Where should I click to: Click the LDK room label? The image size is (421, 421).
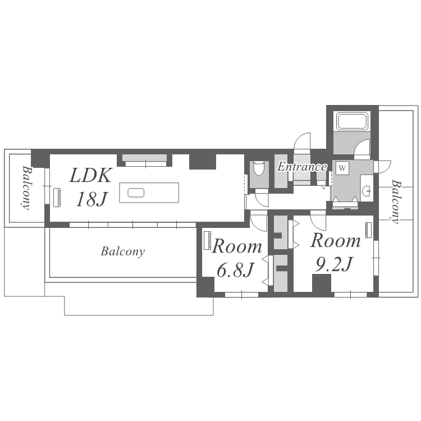coord(90,176)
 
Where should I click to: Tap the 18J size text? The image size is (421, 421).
coord(91,199)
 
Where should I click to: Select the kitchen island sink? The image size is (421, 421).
coord(136,193)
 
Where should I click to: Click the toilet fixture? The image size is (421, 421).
coord(259,168)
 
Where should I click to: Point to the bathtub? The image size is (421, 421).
coord(353,121)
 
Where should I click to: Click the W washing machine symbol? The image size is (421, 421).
coord(342,168)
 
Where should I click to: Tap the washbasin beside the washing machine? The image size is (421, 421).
coord(367,191)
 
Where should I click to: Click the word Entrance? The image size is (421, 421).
coord(302,167)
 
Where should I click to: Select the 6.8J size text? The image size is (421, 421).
coord(235,270)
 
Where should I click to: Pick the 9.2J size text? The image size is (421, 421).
coord(333,264)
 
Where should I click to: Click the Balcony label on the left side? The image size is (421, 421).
coord(26,187)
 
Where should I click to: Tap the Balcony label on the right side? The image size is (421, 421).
coord(396,202)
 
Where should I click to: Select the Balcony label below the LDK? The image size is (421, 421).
coord(123,251)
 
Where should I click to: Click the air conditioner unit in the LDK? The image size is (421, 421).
coord(57,198)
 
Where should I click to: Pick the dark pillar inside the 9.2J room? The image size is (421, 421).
coord(322,283)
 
